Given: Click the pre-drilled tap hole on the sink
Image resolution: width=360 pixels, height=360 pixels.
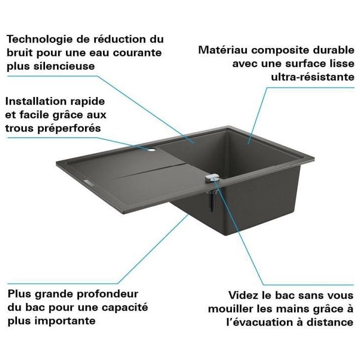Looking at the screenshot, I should coord(150,149).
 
